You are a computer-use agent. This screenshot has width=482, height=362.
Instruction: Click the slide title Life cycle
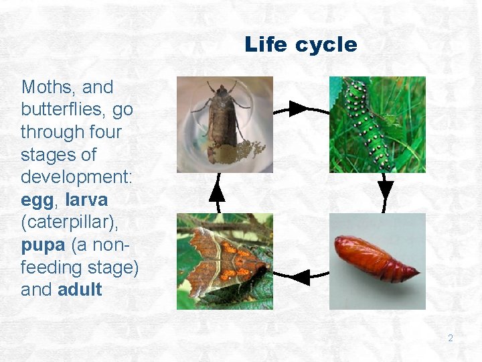coord(301,45)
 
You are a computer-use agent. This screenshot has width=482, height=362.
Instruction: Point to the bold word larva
coord(86,200)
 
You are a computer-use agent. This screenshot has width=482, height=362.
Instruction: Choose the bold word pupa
coord(43,245)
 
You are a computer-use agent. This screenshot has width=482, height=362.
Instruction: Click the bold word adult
coord(80,290)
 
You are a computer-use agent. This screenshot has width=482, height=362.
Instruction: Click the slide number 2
coord(450,338)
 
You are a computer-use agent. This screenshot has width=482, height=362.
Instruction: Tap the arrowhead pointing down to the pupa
coord(386,188)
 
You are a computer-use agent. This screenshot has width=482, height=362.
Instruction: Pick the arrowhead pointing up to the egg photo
coord(216,192)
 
